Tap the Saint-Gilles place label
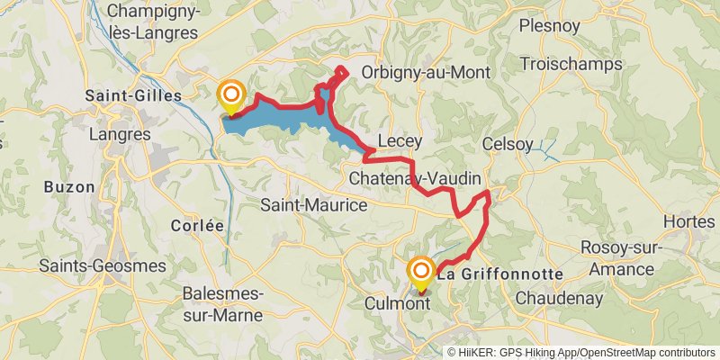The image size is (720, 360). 132,94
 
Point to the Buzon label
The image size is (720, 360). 68,187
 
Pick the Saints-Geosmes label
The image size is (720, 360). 102,266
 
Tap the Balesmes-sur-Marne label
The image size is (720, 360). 222,304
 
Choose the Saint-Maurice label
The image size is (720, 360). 314,205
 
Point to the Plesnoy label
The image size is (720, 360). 550,25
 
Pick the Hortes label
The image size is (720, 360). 688,221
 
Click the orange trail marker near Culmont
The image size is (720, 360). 420,272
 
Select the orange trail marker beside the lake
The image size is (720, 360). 231,94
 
